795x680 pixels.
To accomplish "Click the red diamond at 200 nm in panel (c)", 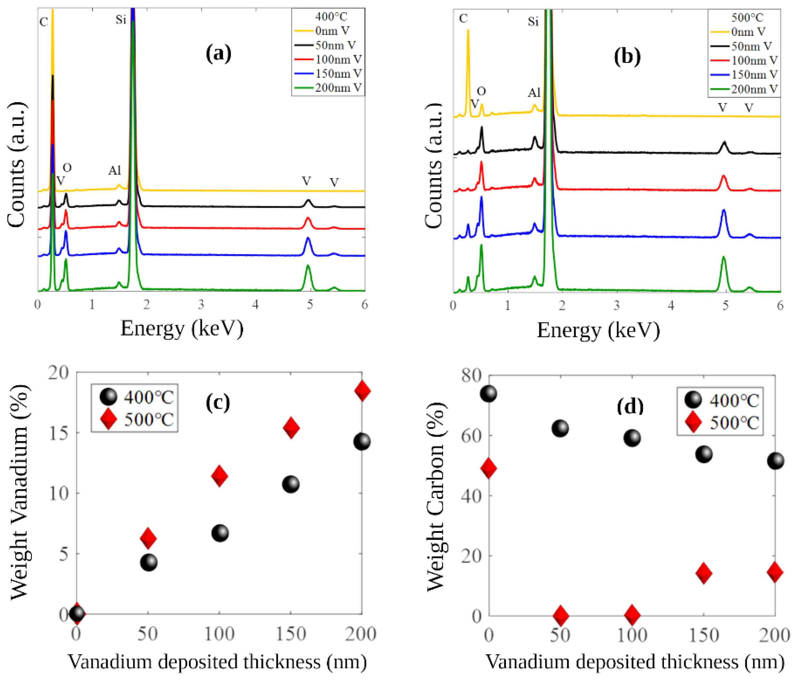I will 362,391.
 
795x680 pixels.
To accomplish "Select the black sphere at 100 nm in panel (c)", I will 220,533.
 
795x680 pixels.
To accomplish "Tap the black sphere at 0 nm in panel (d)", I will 488,394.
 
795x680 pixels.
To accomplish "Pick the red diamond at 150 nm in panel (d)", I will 704,573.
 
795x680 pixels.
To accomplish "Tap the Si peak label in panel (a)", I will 121,20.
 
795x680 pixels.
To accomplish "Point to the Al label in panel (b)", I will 534,93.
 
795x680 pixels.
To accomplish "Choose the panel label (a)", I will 218,54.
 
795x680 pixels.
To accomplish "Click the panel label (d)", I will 630,406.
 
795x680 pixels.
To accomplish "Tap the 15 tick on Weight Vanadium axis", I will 58,433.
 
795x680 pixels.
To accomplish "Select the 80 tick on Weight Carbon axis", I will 471,375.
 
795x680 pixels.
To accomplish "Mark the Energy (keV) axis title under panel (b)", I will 598,330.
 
